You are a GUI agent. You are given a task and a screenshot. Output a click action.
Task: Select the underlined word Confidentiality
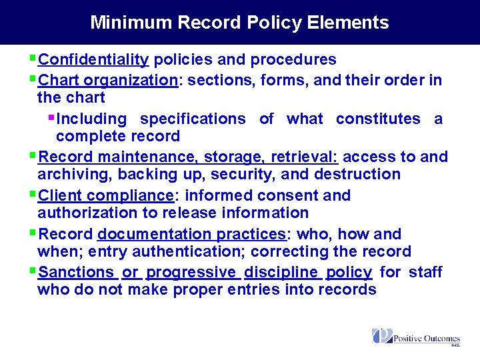tap(94, 60)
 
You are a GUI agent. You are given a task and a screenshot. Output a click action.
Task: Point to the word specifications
tap(193, 119)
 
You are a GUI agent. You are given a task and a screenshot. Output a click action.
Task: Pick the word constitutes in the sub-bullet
tap(378, 119)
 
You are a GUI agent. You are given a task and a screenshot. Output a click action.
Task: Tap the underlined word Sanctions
tap(77, 272)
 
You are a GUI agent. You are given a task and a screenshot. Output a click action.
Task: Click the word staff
tap(425, 272)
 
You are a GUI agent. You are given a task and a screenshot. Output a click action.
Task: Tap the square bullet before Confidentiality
tap(33, 59)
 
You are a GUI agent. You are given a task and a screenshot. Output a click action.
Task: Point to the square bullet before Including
tap(52, 117)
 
